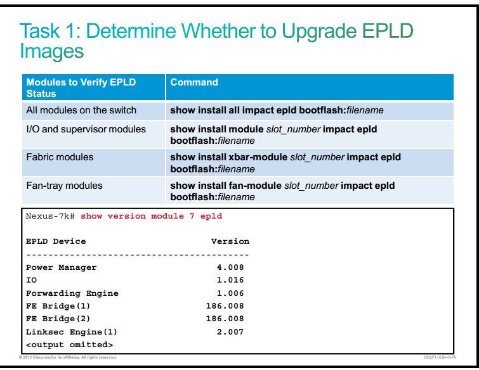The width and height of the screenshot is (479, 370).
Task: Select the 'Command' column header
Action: pyautogui.click(x=194, y=82)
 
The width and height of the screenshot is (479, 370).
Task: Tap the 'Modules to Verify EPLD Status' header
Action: pyautogui.click(x=81, y=88)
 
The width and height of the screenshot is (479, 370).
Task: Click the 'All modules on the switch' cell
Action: pyautogui.click(x=81, y=110)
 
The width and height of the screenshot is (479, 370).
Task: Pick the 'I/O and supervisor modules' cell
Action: pyautogui.click(x=86, y=129)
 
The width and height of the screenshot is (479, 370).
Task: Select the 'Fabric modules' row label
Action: pyautogui.click(x=60, y=157)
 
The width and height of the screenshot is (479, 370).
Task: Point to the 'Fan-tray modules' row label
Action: pyautogui.click(x=64, y=186)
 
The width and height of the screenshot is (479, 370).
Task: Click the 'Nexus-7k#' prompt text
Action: pyautogui.click(x=50, y=216)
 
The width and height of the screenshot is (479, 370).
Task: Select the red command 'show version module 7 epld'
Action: pyautogui.click(x=151, y=216)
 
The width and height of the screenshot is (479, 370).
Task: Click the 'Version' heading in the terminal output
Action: pyautogui.click(x=230, y=241)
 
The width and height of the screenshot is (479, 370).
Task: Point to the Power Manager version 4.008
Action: pyautogui.click(x=230, y=267)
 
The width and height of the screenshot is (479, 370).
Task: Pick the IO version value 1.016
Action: pyautogui.click(x=230, y=280)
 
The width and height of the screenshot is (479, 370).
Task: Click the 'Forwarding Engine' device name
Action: pyautogui.click(x=72, y=293)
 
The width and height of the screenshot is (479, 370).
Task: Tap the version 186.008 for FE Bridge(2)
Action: pyautogui.click(x=225, y=319)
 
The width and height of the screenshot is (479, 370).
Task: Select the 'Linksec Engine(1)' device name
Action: pyautogui.click(x=72, y=332)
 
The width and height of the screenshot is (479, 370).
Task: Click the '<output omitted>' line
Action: pyautogui.click(x=69, y=345)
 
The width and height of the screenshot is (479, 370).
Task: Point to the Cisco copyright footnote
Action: pyautogui.click(x=67, y=357)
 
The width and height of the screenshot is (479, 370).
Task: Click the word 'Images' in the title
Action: pyautogui.click(x=51, y=51)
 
